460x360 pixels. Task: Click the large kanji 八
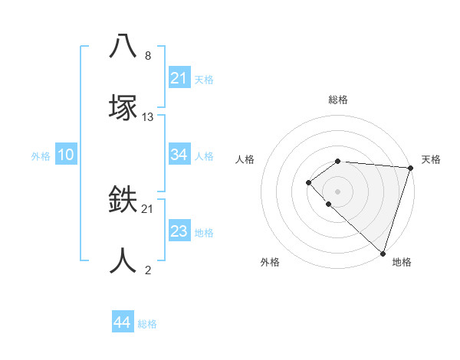[x=123, y=46]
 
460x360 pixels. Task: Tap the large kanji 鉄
[x=123, y=200]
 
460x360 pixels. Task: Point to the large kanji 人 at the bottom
[x=123, y=260]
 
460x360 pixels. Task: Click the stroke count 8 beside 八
[x=148, y=56]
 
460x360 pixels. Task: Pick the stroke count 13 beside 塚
[x=148, y=117]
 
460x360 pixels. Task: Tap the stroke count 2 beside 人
[x=148, y=270]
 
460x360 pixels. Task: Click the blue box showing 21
[x=179, y=78]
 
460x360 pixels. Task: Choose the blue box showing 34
[x=179, y=155]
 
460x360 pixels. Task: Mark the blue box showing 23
[x=179, y=231]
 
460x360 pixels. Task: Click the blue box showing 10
[x=66, y=155]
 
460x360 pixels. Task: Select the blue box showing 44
[x=122, y=322]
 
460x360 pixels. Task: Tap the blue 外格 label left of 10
[x=41, y=155]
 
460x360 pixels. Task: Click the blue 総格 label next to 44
[x=147, y=323]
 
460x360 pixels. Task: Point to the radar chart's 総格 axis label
[x=338, y=100]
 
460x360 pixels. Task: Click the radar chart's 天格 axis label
[x=431, y=159]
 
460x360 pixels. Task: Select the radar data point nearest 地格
[x=383, y=254]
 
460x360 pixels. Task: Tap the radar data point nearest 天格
[x=410, y=167]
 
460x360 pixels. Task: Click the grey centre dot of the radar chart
[x=337, y=191]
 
